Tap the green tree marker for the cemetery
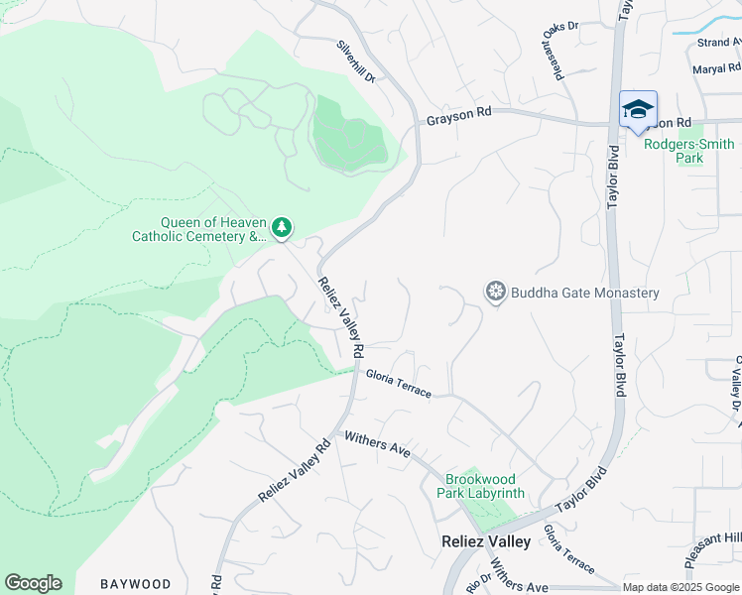[282, 229]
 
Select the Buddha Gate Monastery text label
[584, 293]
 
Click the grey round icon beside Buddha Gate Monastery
[495, 293]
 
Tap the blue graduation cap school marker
[637, 109]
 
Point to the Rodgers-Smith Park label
[688, 151]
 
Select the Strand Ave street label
[718, 43]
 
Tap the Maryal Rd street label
[717, 69]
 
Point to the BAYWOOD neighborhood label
[136, 584]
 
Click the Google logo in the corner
[33, 583]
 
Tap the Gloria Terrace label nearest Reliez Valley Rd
[398, 384]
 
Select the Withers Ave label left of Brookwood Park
[377, 443]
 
